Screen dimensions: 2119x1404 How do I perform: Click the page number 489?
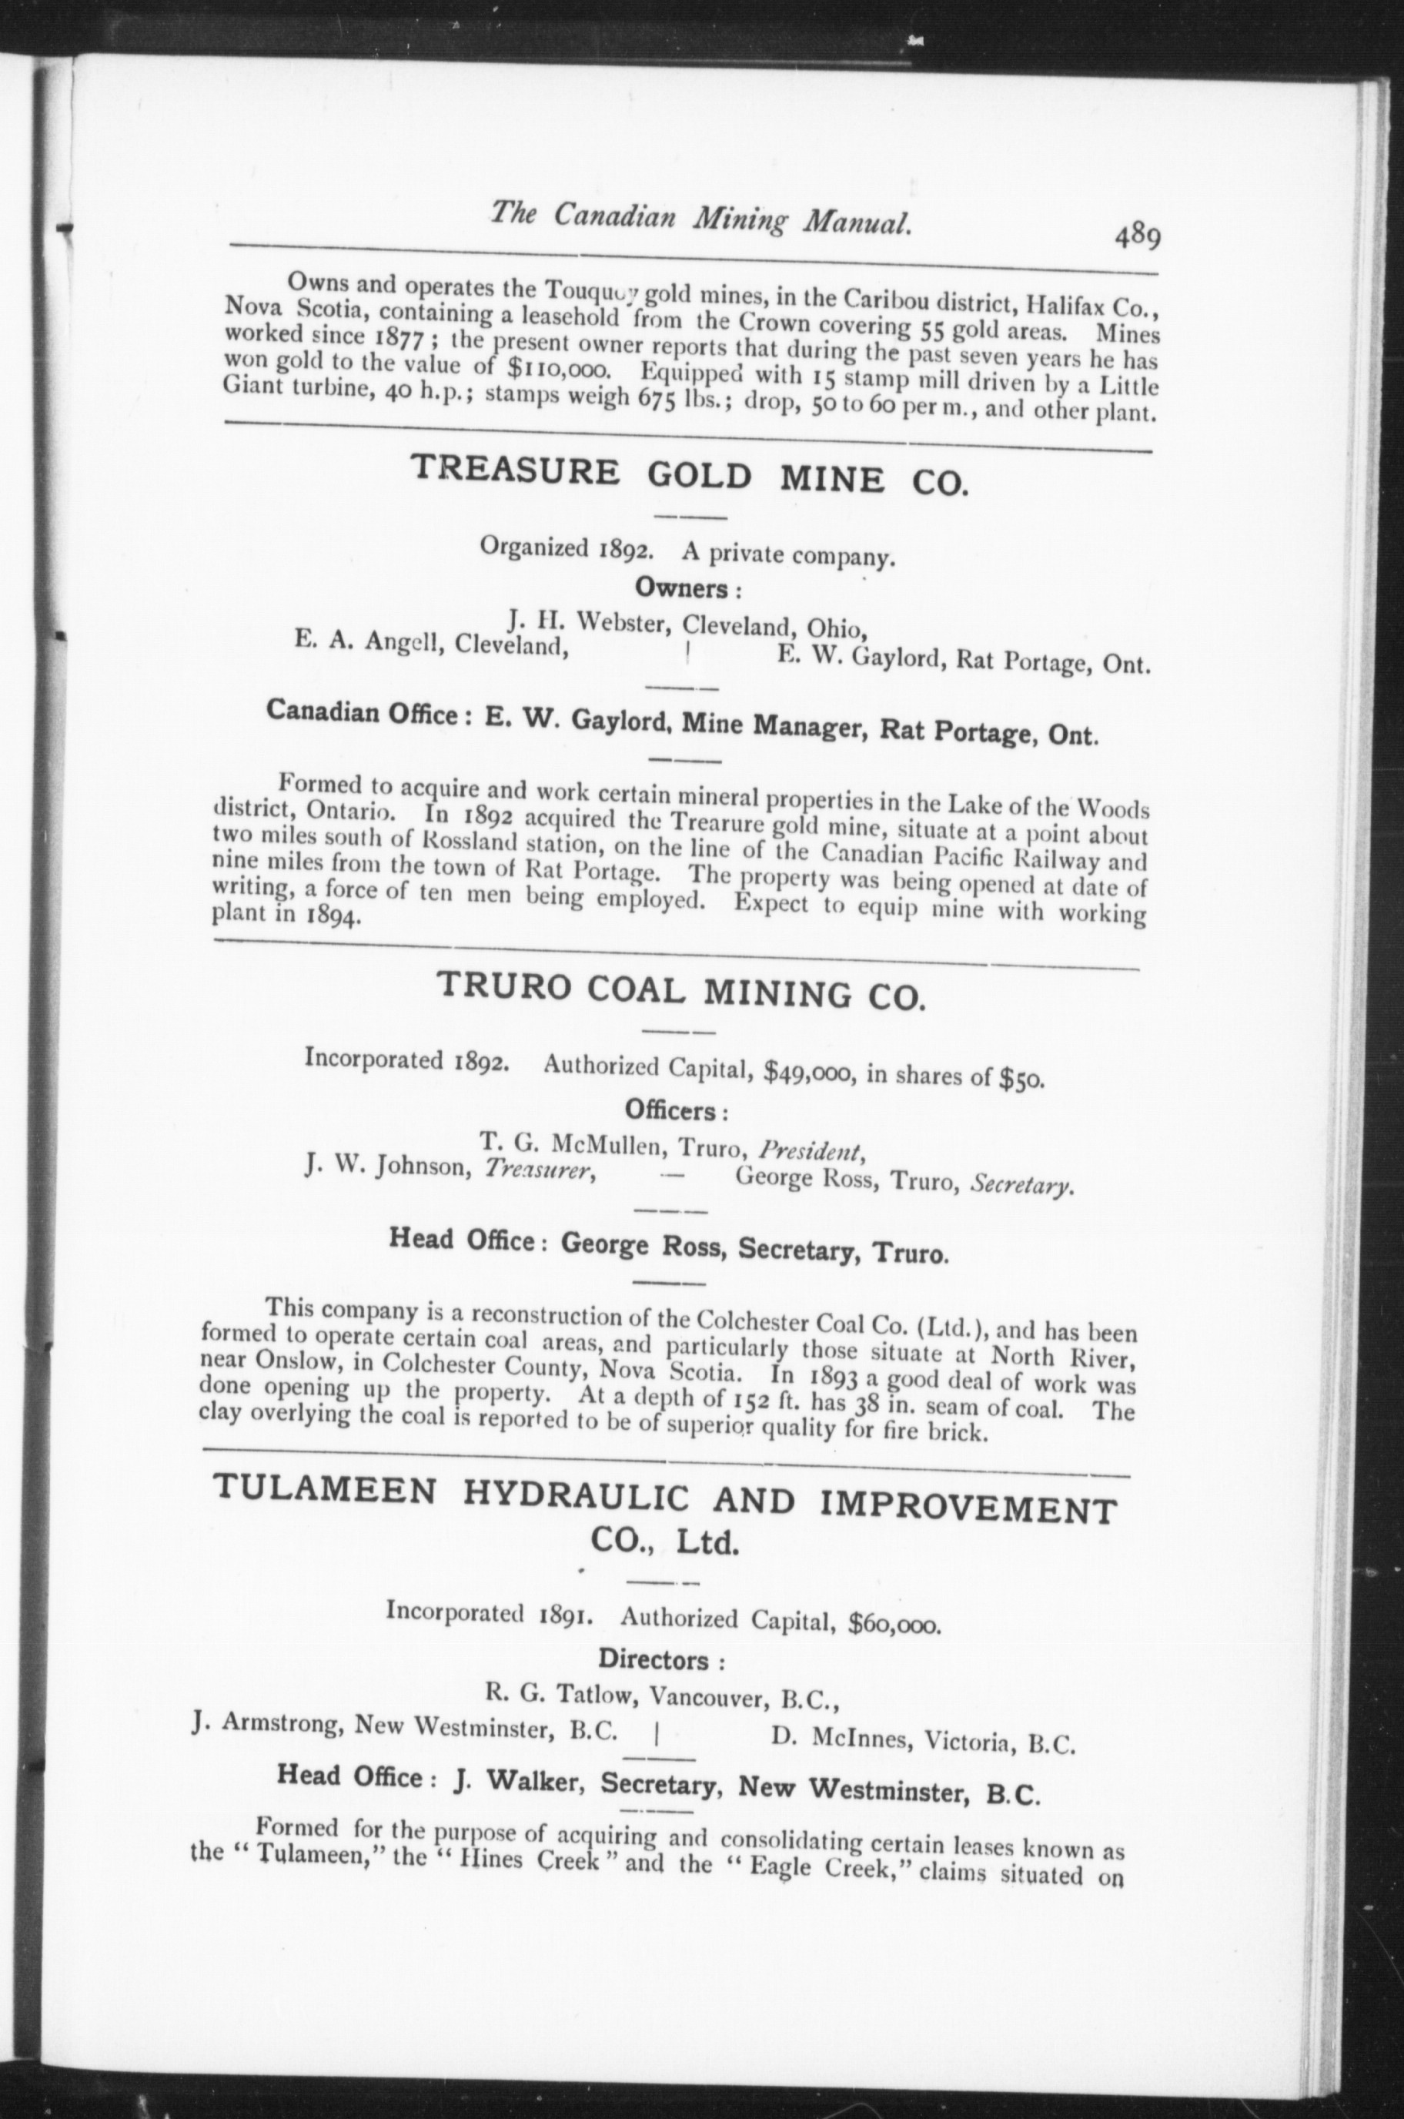point(1137,236)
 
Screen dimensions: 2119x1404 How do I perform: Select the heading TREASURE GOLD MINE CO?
point(689,476)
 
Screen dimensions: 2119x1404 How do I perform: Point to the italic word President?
point(810,1149)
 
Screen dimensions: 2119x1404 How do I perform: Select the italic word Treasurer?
point(540,1170)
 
